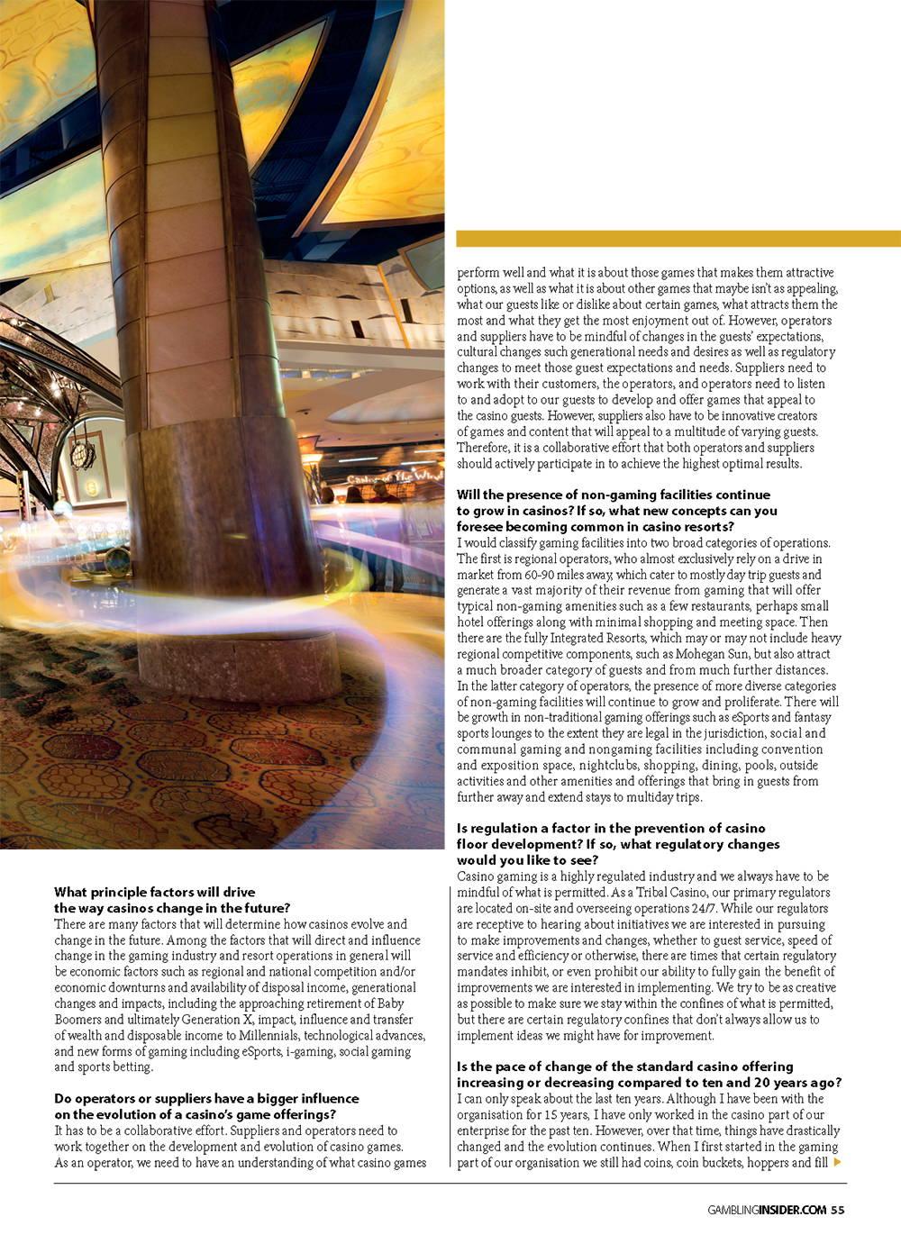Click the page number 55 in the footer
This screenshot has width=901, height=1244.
(838, 1210)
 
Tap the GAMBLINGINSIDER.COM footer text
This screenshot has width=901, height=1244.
(766, 1210)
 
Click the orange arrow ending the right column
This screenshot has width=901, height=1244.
(839, 1163)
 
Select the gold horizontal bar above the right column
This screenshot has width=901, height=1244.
(678, 238)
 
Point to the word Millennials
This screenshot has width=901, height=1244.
(270, 1035)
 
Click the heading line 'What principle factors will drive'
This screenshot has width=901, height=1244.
(155, 893)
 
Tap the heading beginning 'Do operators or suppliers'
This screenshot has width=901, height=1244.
(206, 1099)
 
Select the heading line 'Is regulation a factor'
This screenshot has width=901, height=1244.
(611, 828)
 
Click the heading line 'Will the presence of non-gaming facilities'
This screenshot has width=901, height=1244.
(613, 495)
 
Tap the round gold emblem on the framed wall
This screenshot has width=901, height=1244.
(92, 487)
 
